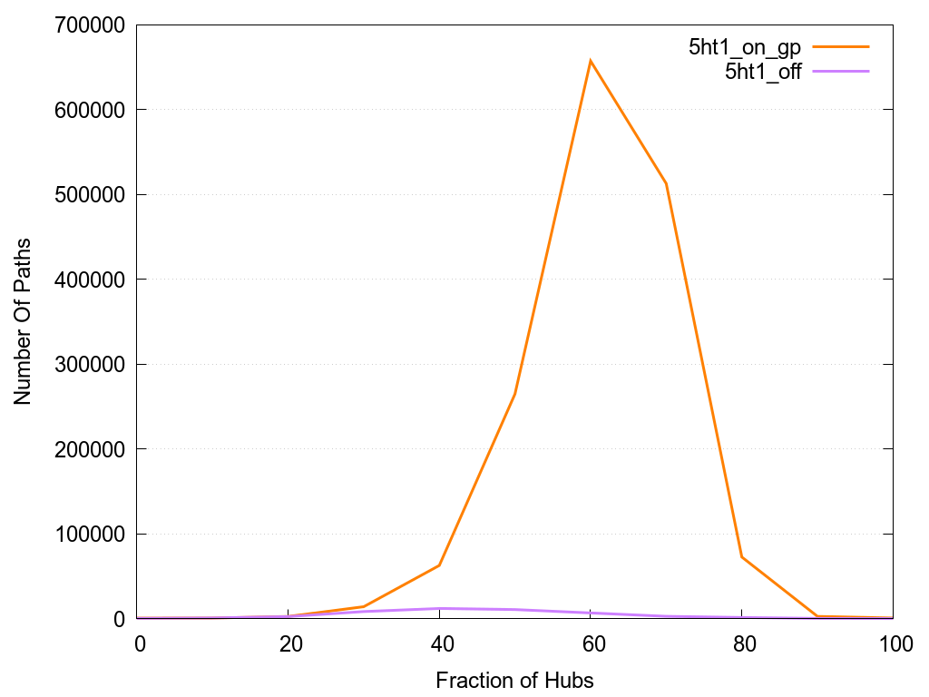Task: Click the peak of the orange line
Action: coord(591,61)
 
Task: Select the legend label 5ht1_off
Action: coord(763,73)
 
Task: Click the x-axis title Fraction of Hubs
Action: coord(514,680)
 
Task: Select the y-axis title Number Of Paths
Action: coord(23,321)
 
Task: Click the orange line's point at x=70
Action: coord(666,183)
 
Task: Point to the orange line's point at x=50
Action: coord(515,394)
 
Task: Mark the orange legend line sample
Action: coord(841,46)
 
